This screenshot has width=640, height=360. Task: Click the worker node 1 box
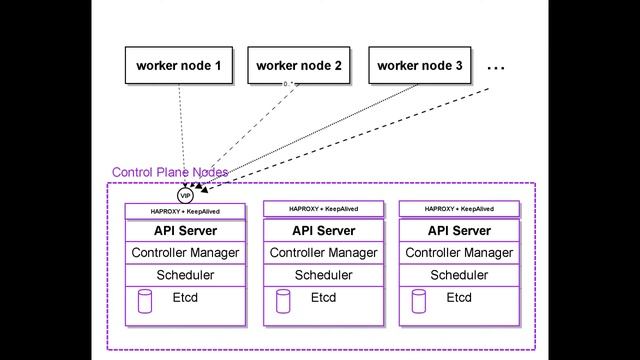pos(178,66)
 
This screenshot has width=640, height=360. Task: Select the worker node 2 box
pos(299,66)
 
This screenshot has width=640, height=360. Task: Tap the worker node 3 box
pos(420,66)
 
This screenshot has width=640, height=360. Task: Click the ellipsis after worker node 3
pos(496,67)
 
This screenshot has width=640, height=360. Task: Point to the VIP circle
pos(185,196)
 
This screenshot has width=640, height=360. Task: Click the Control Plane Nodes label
pos(169,172)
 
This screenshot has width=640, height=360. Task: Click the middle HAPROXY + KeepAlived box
pos(323,209)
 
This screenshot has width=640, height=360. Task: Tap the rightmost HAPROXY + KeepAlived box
pos(459,209)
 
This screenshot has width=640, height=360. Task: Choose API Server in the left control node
pos(185,231)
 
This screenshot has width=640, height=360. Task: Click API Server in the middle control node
pos(323,231)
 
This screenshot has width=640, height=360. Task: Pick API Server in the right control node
pos(459,231)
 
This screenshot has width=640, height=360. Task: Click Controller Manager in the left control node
pos(185,253)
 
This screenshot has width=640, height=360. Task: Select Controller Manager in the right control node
pos(459,253)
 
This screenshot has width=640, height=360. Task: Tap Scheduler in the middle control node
pos(323,275)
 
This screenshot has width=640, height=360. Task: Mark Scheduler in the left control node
pos(185,275)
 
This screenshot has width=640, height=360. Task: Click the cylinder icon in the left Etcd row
pos(145,299)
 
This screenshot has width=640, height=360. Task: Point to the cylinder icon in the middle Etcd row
pos(283,299)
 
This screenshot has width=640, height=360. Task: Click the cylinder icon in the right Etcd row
pos(419,299)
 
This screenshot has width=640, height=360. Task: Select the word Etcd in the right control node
pos(459,298)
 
